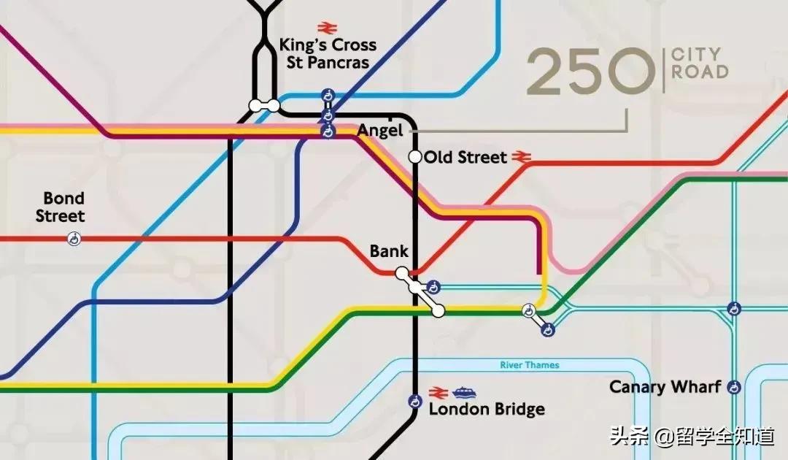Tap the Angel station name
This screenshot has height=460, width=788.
point(379,131)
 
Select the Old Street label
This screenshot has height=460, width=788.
point(465,157)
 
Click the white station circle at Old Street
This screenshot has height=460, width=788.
point(415,156)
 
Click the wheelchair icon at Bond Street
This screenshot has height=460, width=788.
point(74,238)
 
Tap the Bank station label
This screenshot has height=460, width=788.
point(389,252)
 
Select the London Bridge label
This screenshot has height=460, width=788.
point(487,409)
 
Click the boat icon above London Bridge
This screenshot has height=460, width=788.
point(463,392)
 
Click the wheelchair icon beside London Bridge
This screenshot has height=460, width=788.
point(415,401)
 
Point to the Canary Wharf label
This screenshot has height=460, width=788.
point(665,387)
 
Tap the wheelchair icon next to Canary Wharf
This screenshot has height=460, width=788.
point(734,387)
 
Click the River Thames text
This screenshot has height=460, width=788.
point(530,365)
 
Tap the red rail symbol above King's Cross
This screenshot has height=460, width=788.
point(326,28)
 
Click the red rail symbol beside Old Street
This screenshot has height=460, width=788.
point(519,156)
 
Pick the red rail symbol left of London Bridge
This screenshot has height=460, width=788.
point(438,392)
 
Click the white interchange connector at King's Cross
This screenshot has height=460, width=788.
point(263,106)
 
